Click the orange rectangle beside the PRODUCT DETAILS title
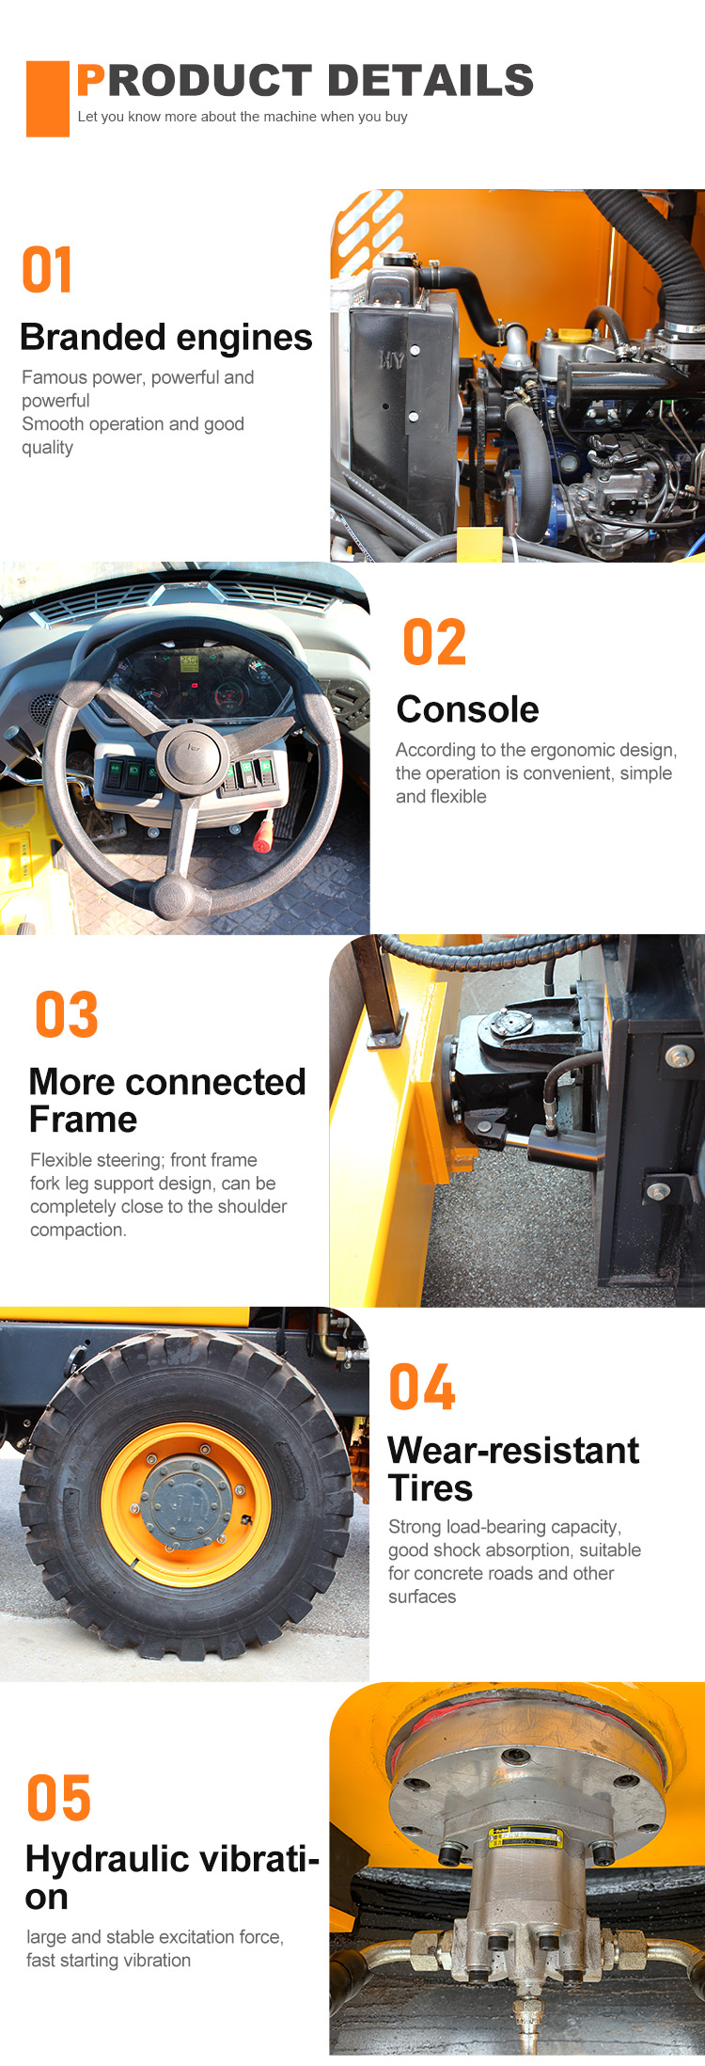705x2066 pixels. pyautogui.click(x=48, y=99)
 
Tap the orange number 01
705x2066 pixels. pyautogui.click(x=47, y=271)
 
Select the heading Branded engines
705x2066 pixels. pyautogui.click(x=166, y=337)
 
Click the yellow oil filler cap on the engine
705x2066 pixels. pyautogui.click(x=572, y=336)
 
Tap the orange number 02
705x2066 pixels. pyautogui.click(x=434, y=643)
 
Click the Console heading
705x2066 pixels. pyautogui.click(x=468, y=709)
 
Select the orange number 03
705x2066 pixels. pyautogui.click(x=67, y=1015)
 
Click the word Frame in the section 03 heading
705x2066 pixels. pyautogui.click(x=84, y=1120)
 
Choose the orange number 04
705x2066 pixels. pyautogui.click(x=422, y=1388)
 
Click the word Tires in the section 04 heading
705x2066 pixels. pyautogui.click(x=431, y=1488)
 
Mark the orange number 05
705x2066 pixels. pyautogui.click(x=59, y=1798)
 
